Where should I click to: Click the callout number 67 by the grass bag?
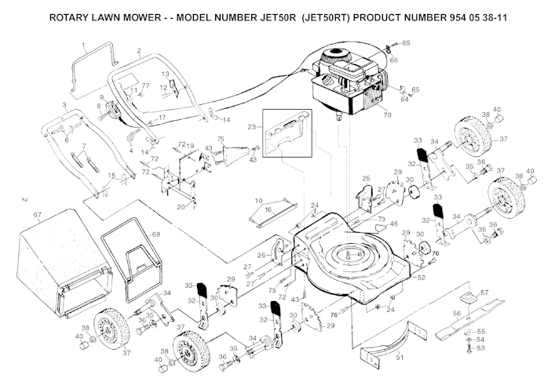[37, 214]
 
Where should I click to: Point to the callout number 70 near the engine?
[386, 116]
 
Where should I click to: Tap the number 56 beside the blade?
[457, 312]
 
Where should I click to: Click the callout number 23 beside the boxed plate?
[251, 125]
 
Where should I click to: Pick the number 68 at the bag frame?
[155, 234]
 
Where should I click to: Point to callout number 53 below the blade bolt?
[481, 348]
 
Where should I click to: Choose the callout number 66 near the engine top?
[393, 60]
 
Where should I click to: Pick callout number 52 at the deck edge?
[422, 278]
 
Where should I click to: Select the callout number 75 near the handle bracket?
[221, 139]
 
